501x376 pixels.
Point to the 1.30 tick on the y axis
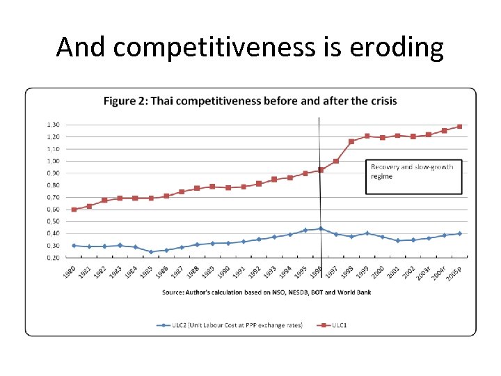click(53, 125)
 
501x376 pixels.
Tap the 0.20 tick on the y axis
click(53, 258)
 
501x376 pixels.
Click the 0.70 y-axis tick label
click(53, 197)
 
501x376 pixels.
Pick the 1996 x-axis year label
click(317, 272)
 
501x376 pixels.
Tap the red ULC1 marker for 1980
click(74, 209)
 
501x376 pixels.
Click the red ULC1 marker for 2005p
click(459, 127)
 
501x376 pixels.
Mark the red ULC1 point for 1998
click(351, 141)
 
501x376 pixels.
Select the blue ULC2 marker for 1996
click(321, 228)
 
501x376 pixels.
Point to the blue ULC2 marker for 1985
click(151, 252)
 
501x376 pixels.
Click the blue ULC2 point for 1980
click(74, 245)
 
